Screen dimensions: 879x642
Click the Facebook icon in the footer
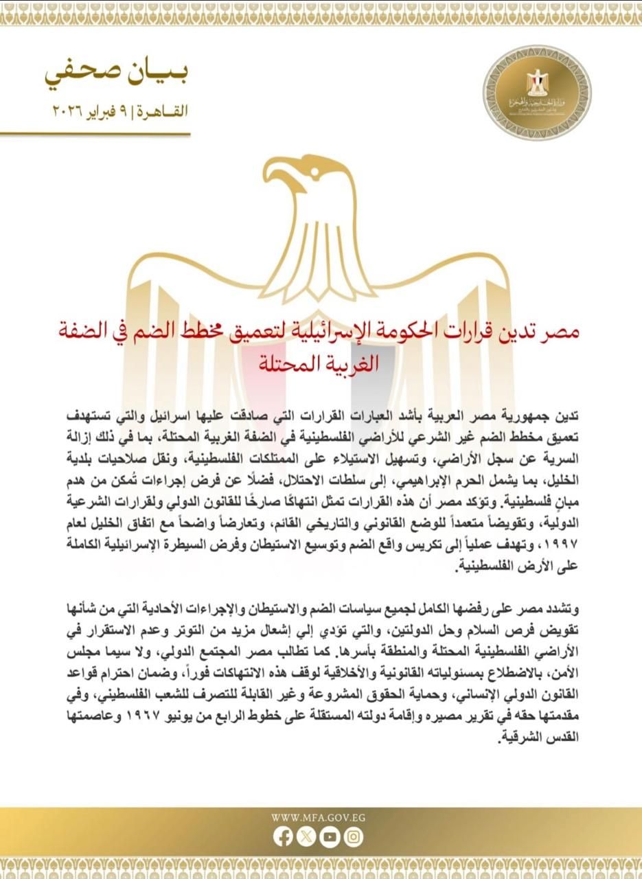point(283,836)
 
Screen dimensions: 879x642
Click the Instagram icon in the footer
point(354,836)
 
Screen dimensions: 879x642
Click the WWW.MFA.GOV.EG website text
point(318,817)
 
